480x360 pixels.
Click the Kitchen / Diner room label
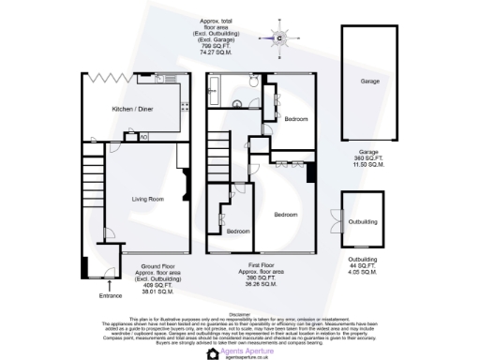tap(131, 109)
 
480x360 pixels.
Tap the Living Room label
tap(147, 199)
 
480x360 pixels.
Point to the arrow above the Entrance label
tap(111, 285)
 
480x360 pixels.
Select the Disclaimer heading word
tap(240, 315)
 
